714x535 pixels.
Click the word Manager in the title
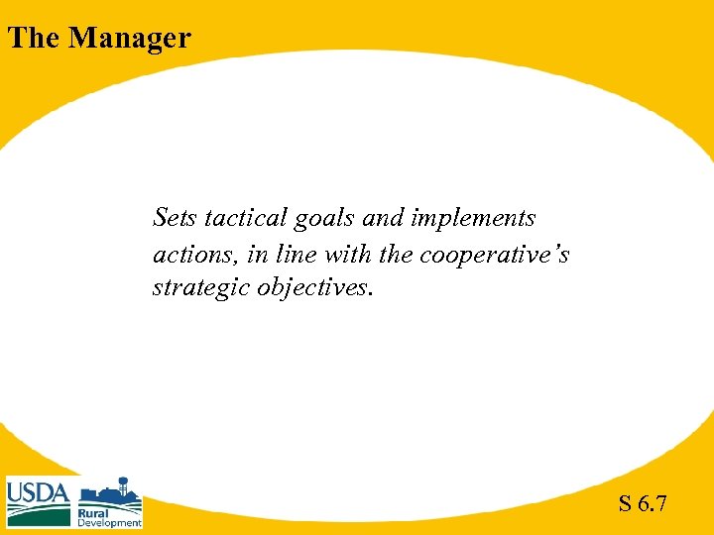pos(130,38)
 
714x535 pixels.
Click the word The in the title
pos(34,38)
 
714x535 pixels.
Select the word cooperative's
pos(494,256)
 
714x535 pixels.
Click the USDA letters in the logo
pos(39,492)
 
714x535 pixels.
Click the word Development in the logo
pos(109,523)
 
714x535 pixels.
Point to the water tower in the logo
pos(124,487)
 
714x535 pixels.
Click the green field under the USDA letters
pos(39,515)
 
